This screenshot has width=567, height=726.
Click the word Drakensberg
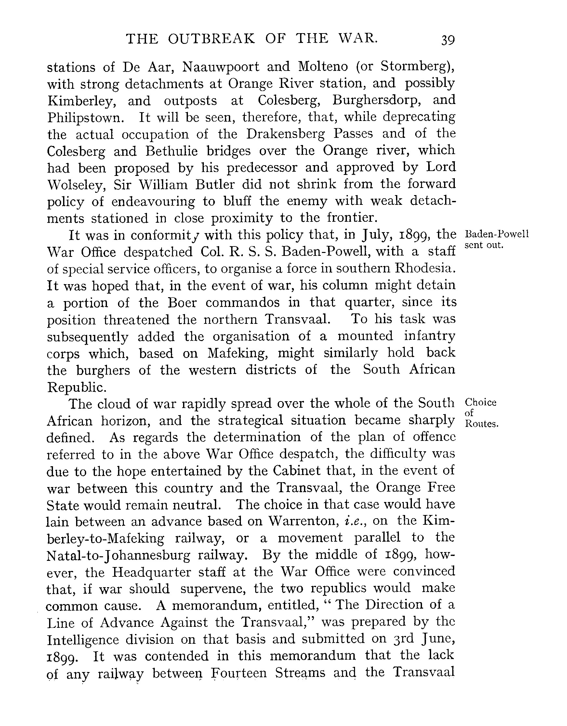tap(285, 134)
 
